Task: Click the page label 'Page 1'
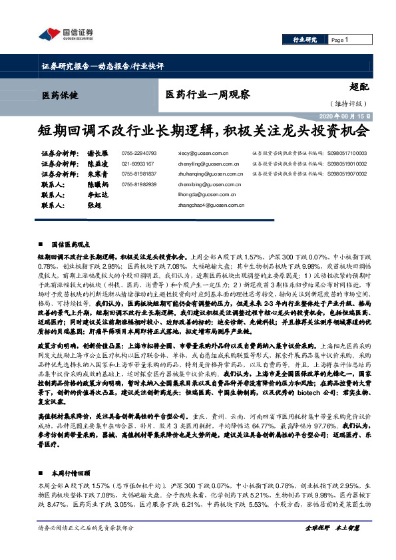coord(339,40)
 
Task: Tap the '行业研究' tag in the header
coord(305,41)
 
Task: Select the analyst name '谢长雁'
coord(98,152)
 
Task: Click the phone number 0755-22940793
coord(139,152)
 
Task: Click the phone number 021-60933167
coord(137,163)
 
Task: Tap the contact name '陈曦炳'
coord(98,184)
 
